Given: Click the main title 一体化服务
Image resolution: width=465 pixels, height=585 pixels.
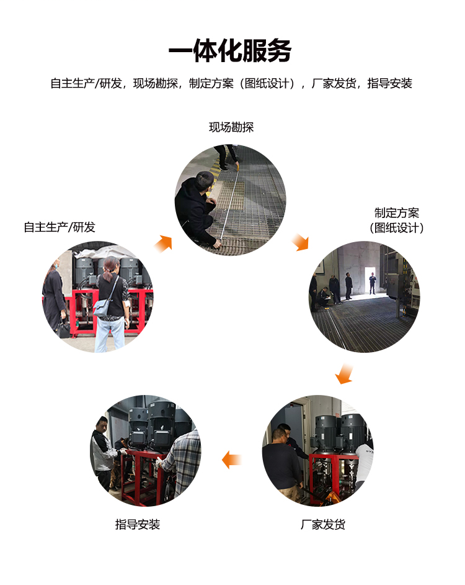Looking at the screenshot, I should coord(230,51).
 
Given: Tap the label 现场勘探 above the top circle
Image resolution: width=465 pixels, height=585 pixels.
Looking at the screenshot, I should coord(231,127).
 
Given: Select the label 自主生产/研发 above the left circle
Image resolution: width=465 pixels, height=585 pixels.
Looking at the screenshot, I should coord(60,227).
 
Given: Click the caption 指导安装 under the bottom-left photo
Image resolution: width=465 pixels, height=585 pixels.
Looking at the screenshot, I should coord(138,524).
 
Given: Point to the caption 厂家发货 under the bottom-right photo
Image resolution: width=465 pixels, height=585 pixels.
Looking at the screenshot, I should coord(323,524).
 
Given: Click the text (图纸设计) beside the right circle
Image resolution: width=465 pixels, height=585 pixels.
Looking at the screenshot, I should coord(397,228).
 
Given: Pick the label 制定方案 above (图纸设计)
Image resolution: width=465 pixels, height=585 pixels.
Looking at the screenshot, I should coord(397,213).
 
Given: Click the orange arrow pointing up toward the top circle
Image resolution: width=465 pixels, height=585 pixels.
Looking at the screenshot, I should coord(162,243).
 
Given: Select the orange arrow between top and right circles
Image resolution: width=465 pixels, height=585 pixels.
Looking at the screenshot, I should coord(301,242).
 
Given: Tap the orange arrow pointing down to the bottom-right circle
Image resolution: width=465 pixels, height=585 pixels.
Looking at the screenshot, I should coord(343,374).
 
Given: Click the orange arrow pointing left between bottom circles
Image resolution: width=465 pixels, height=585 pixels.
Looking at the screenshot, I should coord(232,460).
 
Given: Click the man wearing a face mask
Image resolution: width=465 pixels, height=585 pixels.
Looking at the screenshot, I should coord(55,292).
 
